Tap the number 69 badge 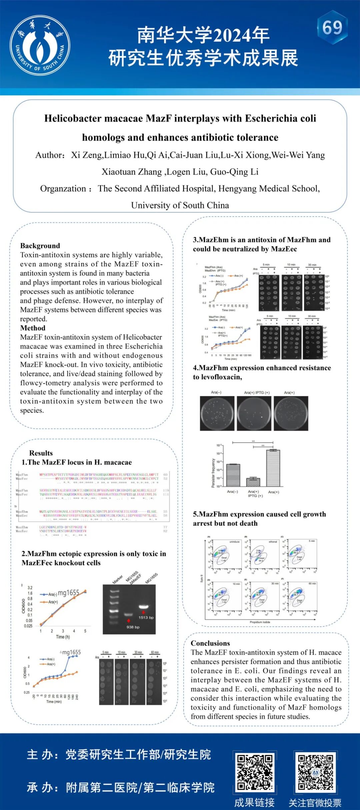tap(332, 28)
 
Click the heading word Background tap(40, 246)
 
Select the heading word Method tap(33, 328)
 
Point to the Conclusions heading tap(210, 643)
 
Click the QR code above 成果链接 tap(255, 773)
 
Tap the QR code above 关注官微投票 tap(315, 773)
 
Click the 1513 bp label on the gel tap(146, 618)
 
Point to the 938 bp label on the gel tap(133, 627)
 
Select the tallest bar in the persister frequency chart tap(273, 468)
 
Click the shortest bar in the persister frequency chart tap(253, 482)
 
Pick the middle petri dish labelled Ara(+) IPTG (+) tap(254, 413)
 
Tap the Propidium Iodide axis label tap(260, 622)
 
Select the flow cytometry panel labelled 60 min tap(302, 597)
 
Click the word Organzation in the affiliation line tap(63, 189)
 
